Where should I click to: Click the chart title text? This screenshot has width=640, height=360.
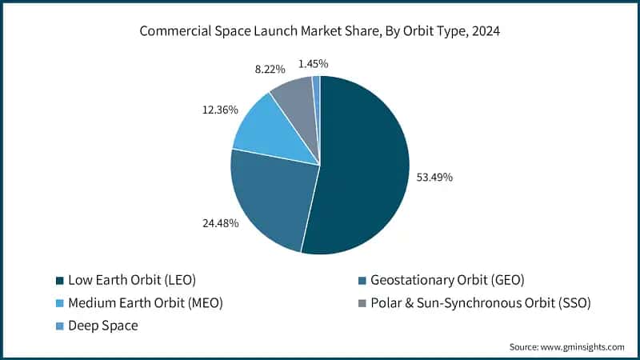[x=320, y=32]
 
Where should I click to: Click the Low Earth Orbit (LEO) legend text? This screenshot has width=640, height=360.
[x=132, y=281]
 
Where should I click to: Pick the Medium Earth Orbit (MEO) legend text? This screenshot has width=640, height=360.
[x=145, y=303]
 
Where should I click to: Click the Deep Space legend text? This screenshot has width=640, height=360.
[x=105, y=326]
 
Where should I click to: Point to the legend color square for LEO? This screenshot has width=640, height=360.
[x=58, y=281]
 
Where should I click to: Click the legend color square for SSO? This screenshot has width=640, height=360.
[x=364, y=303]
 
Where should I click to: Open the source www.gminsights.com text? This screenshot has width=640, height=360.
[x=566, y=347]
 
